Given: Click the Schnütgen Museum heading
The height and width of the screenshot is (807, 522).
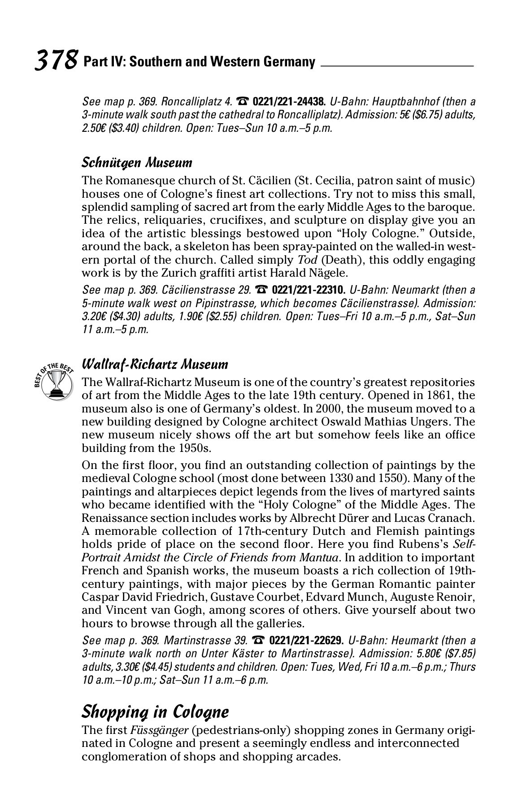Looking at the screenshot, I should click(x=137, y=162).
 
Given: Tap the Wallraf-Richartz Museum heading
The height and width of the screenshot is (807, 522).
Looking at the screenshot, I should click(x=155, y=364).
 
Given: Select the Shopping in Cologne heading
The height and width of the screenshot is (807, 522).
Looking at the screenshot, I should click(x=155, y=712).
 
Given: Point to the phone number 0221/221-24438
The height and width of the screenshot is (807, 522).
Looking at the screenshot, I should click(x=289, y=102).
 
